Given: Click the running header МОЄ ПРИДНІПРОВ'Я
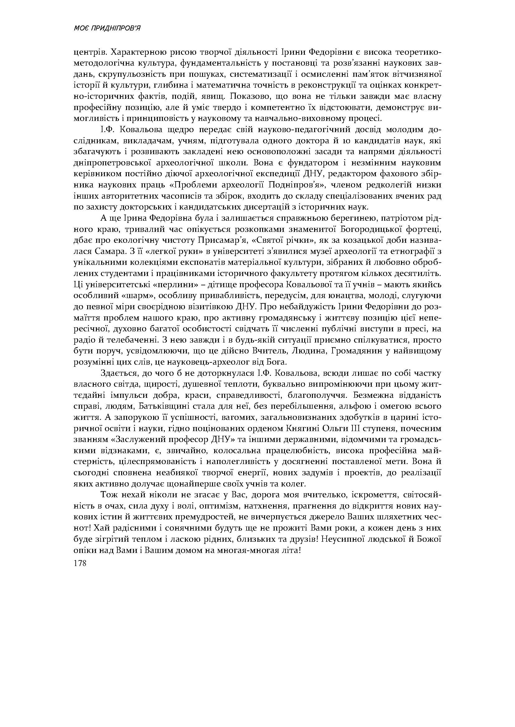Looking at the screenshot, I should tap(107, 29).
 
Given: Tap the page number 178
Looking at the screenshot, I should tap(80, 563).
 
